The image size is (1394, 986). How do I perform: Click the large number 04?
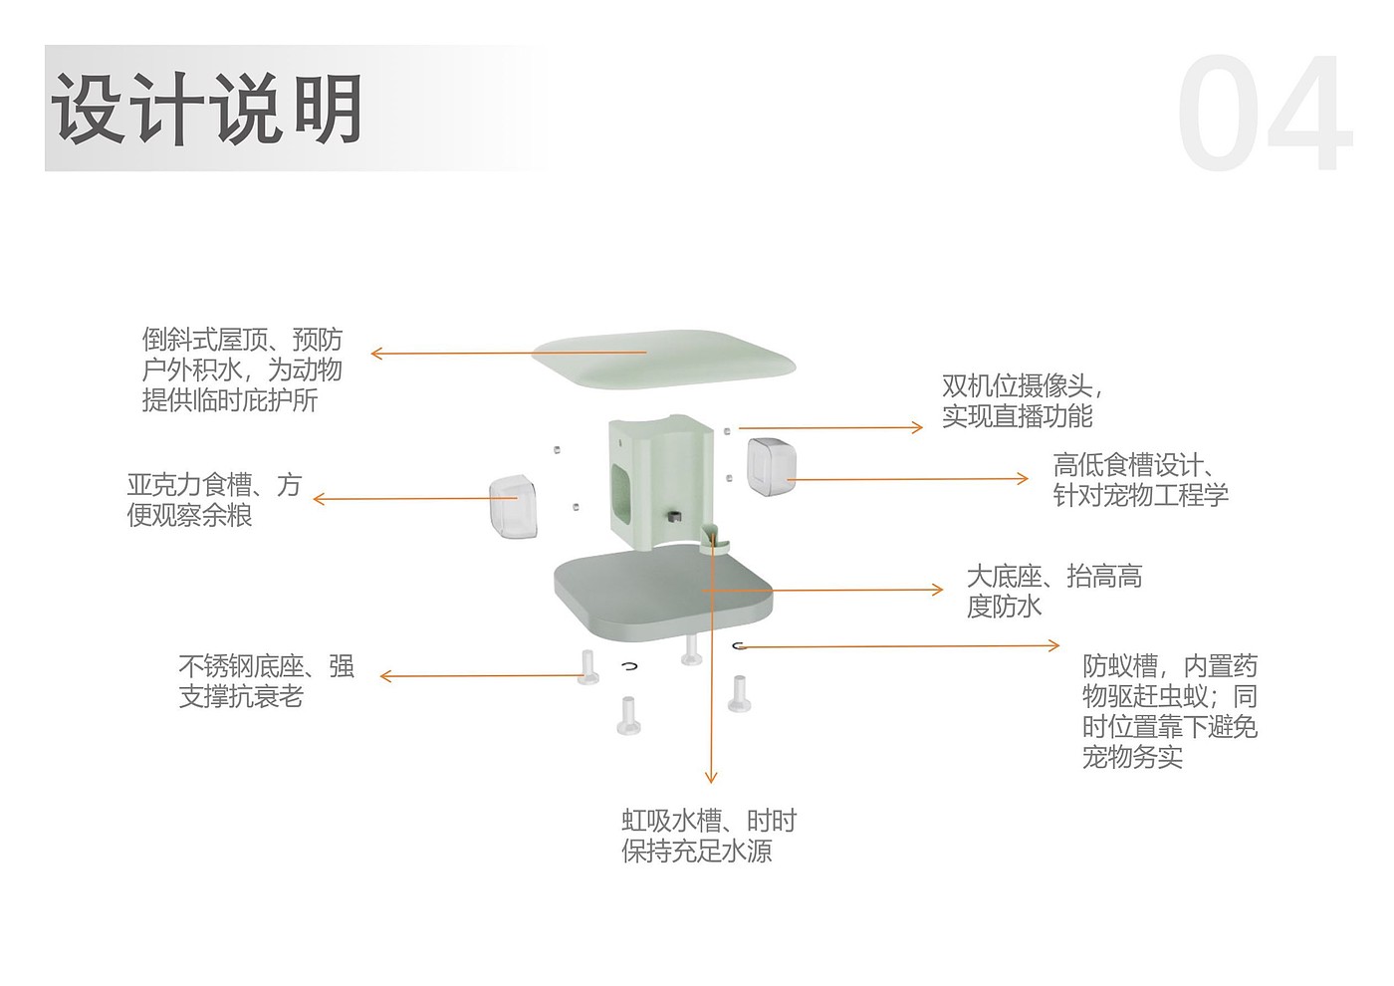[1264, 116]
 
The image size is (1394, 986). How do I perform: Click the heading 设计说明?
[206, 109]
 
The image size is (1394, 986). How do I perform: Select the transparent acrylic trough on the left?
[515, 505]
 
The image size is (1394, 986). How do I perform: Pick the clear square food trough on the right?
[773, 466]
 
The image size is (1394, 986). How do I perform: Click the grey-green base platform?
[663, 594]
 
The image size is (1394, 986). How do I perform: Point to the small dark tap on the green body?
[674, 517]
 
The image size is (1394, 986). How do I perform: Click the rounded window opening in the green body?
[622, 488]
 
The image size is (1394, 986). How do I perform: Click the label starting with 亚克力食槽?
[214, 500]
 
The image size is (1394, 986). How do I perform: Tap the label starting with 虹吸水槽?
[709, 836]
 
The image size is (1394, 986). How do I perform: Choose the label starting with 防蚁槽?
[1170, 711]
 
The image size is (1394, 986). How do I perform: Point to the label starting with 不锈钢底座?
[266, 681]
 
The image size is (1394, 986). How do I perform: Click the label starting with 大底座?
[1053, 591]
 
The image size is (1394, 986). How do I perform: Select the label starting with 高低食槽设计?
[1140, 480]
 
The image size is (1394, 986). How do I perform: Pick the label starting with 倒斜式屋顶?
[242, 370]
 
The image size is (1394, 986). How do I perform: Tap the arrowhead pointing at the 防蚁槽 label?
[1055, 645]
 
